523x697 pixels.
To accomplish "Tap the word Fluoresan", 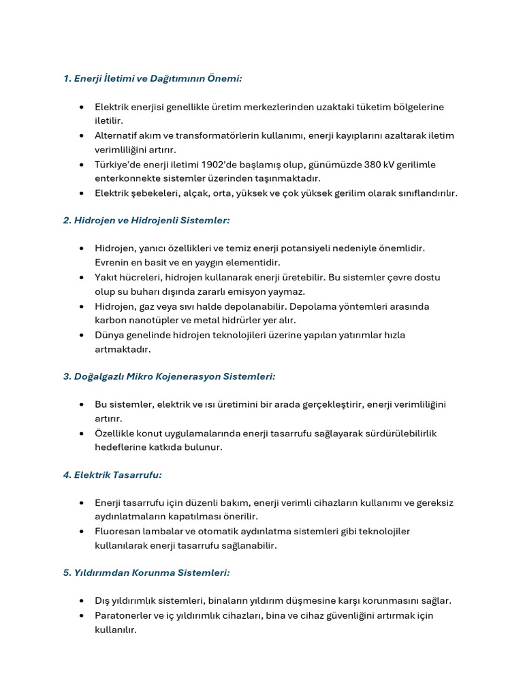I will (x=116, y=532).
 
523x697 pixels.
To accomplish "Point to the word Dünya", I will (x=109, y=335).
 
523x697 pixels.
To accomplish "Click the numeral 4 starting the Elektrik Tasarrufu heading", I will (x=66, y=475).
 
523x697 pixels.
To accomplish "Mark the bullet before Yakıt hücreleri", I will (x=82, y=278).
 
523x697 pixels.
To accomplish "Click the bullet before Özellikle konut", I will (x=82, y=434).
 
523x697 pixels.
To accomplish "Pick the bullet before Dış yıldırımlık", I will (x=82, y=601).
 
